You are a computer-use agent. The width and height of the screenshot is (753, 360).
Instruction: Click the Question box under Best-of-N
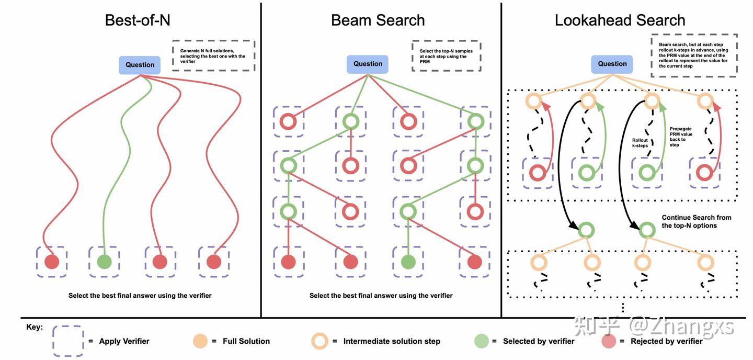coord(140,65)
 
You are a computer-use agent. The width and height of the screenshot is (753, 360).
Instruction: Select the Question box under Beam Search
coord(368,64)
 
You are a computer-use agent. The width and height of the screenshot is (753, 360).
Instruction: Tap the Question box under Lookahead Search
coord(612,64)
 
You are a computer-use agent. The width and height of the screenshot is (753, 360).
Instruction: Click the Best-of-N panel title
coord(138,20)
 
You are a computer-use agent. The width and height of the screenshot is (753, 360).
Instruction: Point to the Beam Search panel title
coord(378,20)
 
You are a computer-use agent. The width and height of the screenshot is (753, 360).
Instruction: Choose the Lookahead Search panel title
coord(620,20)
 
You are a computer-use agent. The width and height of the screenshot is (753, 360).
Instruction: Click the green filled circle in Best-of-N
coord(104,262)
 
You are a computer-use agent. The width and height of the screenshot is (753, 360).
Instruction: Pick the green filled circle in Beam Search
coord(408,262)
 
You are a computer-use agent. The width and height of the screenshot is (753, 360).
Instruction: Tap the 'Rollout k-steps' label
coord(640,143)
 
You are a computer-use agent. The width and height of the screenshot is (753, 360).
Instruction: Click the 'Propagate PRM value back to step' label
coord(681,136)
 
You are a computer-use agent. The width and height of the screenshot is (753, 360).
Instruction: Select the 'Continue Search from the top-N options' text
coord(697,221)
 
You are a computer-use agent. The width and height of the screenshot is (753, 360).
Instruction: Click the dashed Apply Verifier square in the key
coord(68,341)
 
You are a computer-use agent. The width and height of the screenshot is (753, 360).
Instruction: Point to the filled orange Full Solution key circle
coord(200,341)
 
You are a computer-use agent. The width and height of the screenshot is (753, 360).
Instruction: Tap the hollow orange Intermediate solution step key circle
coord(320,341)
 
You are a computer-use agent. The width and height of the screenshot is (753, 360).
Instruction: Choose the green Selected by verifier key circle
coord(481,341)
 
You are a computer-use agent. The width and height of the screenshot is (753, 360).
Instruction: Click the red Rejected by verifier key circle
coord(609,341)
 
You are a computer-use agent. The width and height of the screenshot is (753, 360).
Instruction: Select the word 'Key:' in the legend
coord(35,328)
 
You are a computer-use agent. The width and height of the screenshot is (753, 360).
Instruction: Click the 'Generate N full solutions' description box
coord(213,56)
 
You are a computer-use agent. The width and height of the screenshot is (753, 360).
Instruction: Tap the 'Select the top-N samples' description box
coord(446,57)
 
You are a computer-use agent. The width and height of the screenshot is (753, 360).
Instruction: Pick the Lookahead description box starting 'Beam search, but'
coord(694,55)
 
